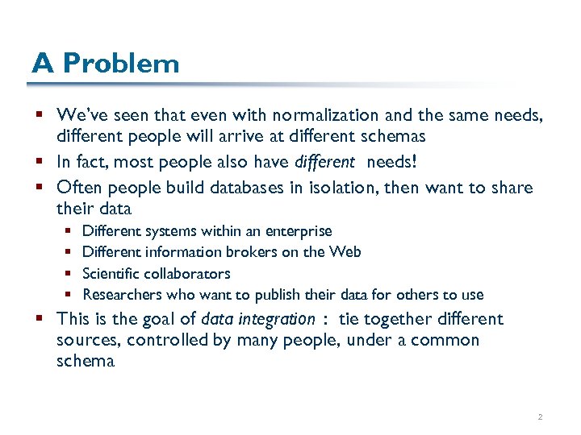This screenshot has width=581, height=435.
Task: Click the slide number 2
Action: click(x=538, y=417)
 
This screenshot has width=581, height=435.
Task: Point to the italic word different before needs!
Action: click(x=324, y=163)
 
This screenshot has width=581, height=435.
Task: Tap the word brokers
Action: click(x=240, y=252)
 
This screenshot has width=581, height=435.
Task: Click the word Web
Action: click(x=345, y=252)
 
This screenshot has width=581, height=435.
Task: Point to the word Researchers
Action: click(x=123, y=295)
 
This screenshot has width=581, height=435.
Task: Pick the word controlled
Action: click(x=164, y=341)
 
